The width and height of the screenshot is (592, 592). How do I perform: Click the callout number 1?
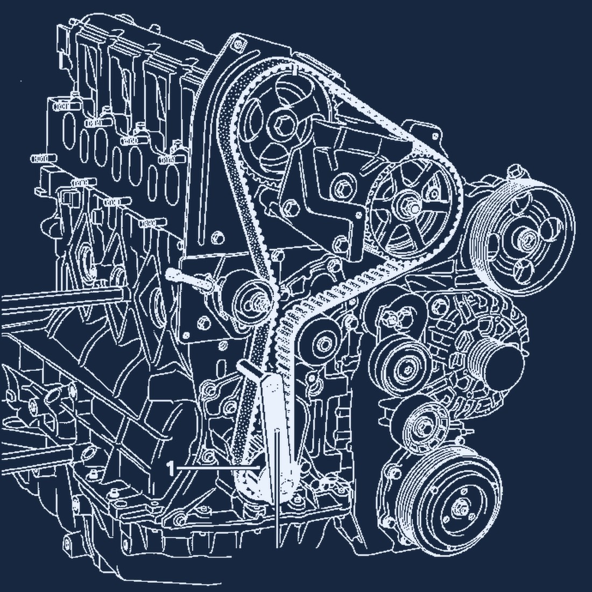[171, 469]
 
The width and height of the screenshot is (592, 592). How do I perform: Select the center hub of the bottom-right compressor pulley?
[460, 508]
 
